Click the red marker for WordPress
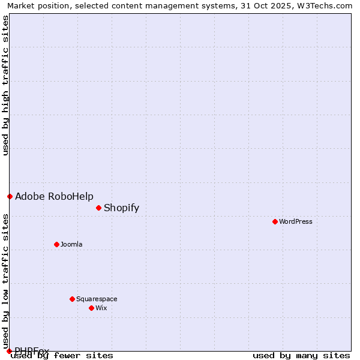tap(275, 221)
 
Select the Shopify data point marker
tap(98, 208)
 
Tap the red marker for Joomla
tap(56, 244)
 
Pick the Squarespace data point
tap(72, 299)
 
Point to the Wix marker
tap(91, 308)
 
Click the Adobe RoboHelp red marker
tap(10, 196)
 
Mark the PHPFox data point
tap(9, 351)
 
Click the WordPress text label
tap(296, 221)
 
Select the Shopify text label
tap(121, 208)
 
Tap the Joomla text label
tap(71, 244)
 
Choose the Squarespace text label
tap(97, 299)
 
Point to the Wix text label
tap(101, 308)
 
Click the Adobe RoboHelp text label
tap(54, 197)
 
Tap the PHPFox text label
tap(32, 350)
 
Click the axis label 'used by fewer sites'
tap(62, 355)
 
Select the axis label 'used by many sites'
tap(301, 355)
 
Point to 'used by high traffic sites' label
tap(6, 85)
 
